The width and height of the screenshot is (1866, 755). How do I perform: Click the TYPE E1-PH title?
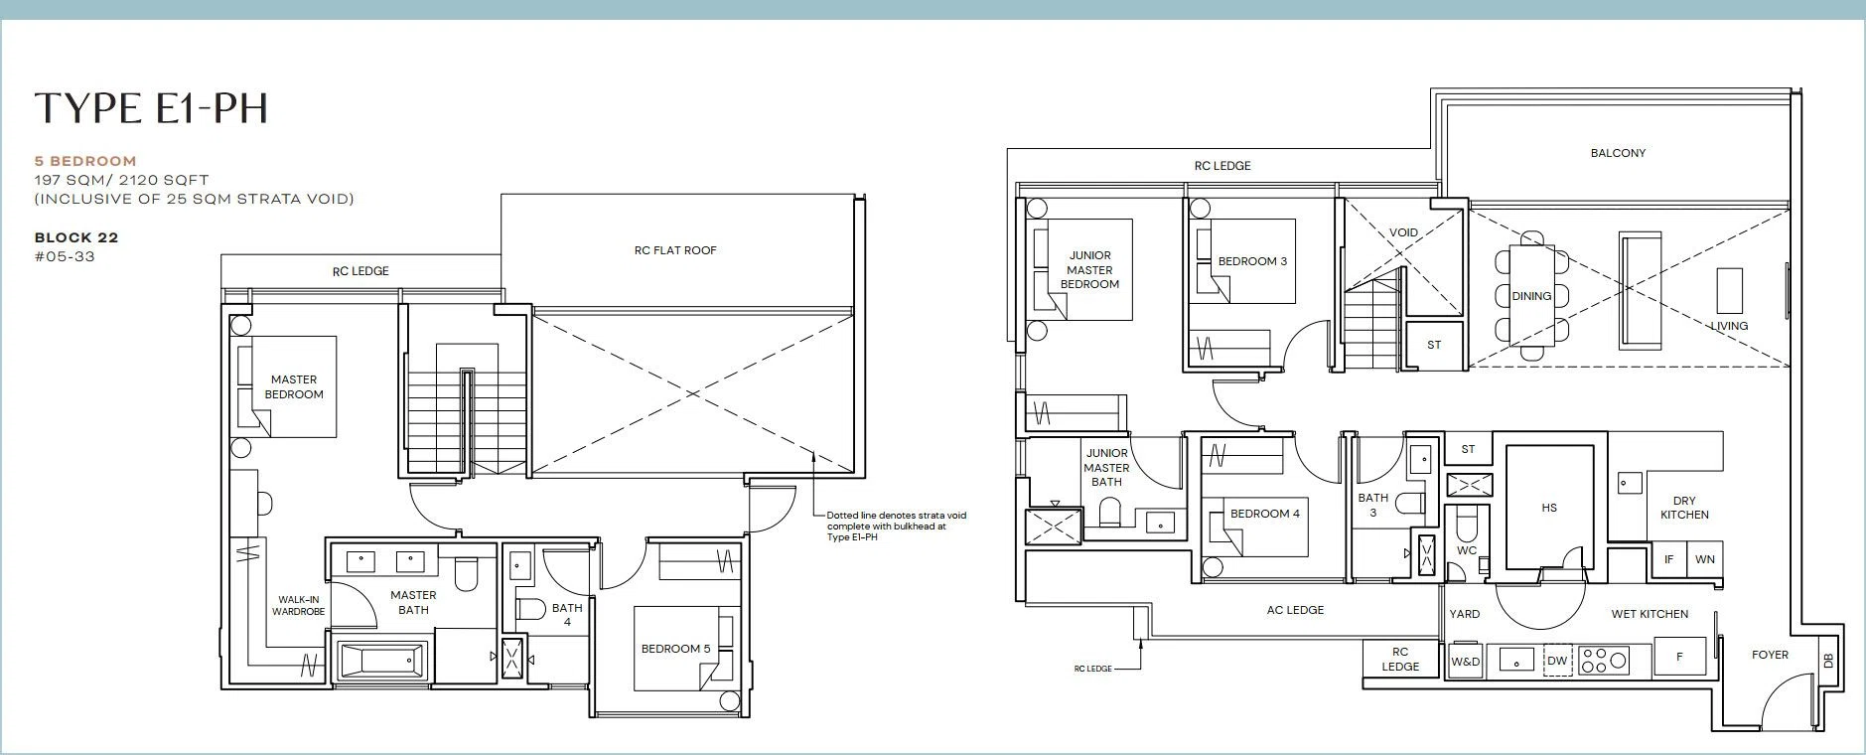pyautogui.click(x=151, y=108)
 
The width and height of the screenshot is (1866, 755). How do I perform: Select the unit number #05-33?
pyautogui.click(x=65, y=256)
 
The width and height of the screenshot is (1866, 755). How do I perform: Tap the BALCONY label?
pyautogui.click(x=1618, y=153)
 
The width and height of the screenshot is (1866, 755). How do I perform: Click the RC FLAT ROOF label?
pyautogui.click(x=675, y=250)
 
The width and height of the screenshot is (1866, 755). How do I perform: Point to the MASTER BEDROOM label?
pyautogui.click(x=294, y=386)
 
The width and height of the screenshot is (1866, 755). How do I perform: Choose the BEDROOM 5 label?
pyautogui.click(x=675, y=649)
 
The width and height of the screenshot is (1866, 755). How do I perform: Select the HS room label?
pyautogui.click(x=1549, y=508)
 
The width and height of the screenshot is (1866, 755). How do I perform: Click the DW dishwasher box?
pyautogui.click(x=1556, y=661)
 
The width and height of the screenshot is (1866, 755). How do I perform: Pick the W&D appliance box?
pyautogui.click(x=1465, y=661)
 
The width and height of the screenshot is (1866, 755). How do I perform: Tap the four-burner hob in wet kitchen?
pyautogui.click(x=1604, y=661)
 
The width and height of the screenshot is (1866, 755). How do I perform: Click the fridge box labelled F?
pyautogui.click(x=1679, y=657)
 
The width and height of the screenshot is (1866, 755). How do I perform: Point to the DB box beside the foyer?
pyautogui.click(x=1828, y=661)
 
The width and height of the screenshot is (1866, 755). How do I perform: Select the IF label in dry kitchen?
pyautogui.click(x=1668, y=559)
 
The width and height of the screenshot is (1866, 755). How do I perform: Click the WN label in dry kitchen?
pyautogui.click(x=1705, y=559)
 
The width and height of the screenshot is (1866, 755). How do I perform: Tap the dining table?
pyautogui.click(x=1531, y=295)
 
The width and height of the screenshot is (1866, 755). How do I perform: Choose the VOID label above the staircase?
pyautogui.click(x=1403, y=232)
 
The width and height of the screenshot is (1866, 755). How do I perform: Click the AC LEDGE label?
pyautogui.click(x=1295, y=610)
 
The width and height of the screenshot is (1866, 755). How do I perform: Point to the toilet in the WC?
pyautogui.click(x=1467, y=524)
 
